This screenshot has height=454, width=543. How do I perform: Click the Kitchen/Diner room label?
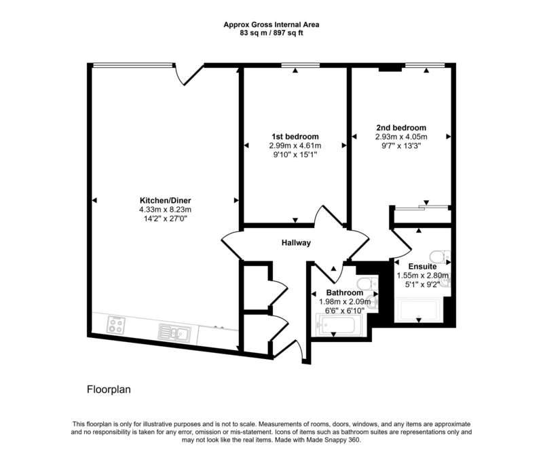pyautogui.click(x=165, y=200)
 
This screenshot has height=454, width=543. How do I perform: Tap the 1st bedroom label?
pyautogui.click(x=295, y=136)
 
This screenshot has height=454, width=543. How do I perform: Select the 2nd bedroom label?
pyautogui.click(x=401, y=128)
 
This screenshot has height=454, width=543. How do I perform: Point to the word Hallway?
pyautogui.click(x=296, y=243)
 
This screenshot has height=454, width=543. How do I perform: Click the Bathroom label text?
pyautogui.click(x=345, y=292)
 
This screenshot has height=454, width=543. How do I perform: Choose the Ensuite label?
pyautogui.click(x=422, y=266)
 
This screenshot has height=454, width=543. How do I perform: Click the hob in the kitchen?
pyautogui.click(x=116, y=325)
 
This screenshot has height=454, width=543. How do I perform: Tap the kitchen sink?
pyautogui.click(x=174, y=333)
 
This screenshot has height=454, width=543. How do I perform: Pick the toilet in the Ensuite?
pyautogui.click(x=440, y=257)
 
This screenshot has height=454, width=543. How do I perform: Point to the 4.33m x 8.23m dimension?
pyautogui.click(x=165, y=210)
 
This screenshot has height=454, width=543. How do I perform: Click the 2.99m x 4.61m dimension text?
pyautogui.click(x=295, y=146)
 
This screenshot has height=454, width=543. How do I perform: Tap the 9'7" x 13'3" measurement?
pyautogui.click(x=401, y=146)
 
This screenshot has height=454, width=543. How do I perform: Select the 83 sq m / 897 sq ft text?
pyautogui.click(x=271, y=33)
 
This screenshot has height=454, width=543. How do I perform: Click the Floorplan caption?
pyautogui.click(x=109, y=390)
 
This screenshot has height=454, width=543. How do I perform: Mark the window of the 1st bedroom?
pyautogui.click(x=300, y=65)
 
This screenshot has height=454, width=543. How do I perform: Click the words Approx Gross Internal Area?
pyautogui.click(x=271, y=24)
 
